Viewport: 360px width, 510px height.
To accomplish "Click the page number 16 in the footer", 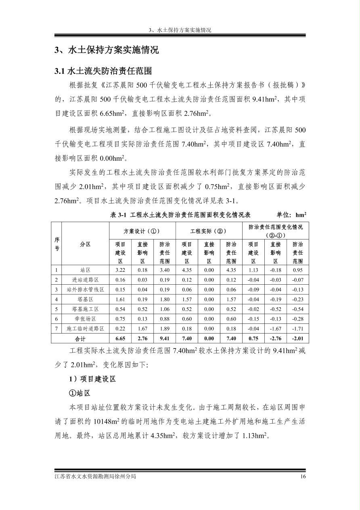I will [303, 476].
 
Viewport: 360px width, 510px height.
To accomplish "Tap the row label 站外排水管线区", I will [85, 290].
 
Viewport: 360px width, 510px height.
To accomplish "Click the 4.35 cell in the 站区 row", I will [186, 270].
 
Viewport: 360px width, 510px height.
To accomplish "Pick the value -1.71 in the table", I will [297, 329].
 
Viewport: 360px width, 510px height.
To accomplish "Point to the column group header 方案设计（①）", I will [142, 231].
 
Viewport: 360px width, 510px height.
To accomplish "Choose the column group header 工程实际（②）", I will [208, 231].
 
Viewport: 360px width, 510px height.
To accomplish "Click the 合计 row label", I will [80, 339].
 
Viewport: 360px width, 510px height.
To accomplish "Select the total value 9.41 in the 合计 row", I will [164, 339].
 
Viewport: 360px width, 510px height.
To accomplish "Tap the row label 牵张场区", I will [85, 319].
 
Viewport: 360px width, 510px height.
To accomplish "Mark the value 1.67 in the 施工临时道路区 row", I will [142, 329].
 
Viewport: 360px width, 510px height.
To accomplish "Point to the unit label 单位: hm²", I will [291, 215].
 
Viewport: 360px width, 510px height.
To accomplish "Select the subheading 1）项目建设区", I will [92, 379].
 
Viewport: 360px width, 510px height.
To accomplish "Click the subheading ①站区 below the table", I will [80, 393].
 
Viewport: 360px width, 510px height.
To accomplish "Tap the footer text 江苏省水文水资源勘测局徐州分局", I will [95, 476].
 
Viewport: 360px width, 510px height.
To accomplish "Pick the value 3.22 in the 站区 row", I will [120, 270].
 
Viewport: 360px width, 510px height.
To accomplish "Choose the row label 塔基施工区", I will [85, 309].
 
